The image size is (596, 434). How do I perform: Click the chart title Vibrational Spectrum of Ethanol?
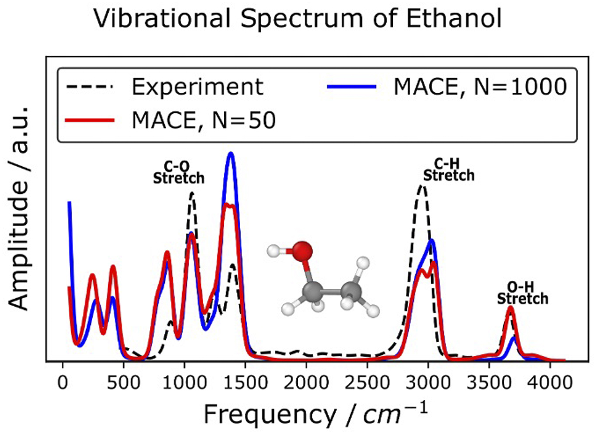pyautogui.click(x=297, y=19)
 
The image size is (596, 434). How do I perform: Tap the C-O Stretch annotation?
pyautogui.click(x=179, y=173)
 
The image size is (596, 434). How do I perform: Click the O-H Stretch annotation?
pyautogui.click(x=522, y=294)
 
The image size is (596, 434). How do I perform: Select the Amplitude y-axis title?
pyautogui.click(x=19, y=208)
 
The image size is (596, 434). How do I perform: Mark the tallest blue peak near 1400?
pyautogui.click(x=231, y=154)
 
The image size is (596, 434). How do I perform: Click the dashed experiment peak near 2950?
pyautogui.click(x=422, y=185)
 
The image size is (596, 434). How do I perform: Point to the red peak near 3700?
pyautogui.click(x=511, y=307)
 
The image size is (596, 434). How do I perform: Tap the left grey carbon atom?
pyautogui.click(x=313, y=291)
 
